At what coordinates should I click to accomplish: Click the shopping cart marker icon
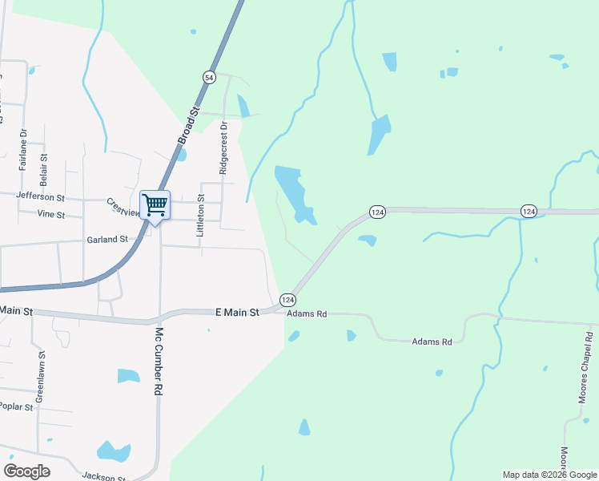155,204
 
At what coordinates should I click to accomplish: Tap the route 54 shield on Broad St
209,77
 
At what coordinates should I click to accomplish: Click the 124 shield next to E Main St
288,299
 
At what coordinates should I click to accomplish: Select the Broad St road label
187,127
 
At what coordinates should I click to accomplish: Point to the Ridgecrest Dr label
223,148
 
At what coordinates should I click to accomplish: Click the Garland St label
107,239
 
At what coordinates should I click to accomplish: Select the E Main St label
238,313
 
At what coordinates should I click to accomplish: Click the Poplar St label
16,406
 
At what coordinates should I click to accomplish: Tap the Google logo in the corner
26,471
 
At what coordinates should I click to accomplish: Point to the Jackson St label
104,477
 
